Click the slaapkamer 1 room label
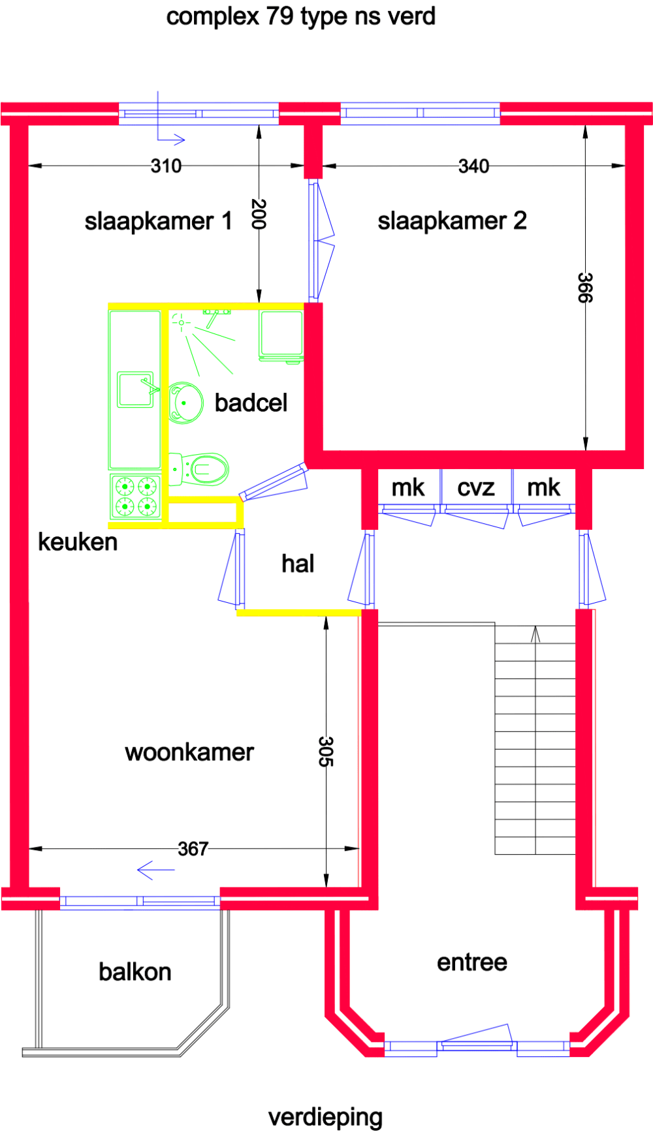click(158, 221)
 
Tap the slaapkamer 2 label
click(452, 221)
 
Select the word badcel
click(251, 403)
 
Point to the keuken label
click(78, 542)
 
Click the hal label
click(298, 563)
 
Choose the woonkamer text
click(189, 752)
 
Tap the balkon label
click(135, 971)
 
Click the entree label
click(472, 962)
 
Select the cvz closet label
click(476, 487)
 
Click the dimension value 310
click(166, 166)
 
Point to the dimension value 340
click(473, 166)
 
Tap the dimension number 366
click(585, 288)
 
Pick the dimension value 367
click(193, 849)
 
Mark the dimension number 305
click(326, 751)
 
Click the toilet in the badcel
click(202, 468)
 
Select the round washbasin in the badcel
click(185, 403)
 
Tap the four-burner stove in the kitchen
click(136, 497)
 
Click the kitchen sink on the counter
click(135, 390)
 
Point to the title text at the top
click(301, 16)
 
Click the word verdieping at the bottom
click(325, 1117)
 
